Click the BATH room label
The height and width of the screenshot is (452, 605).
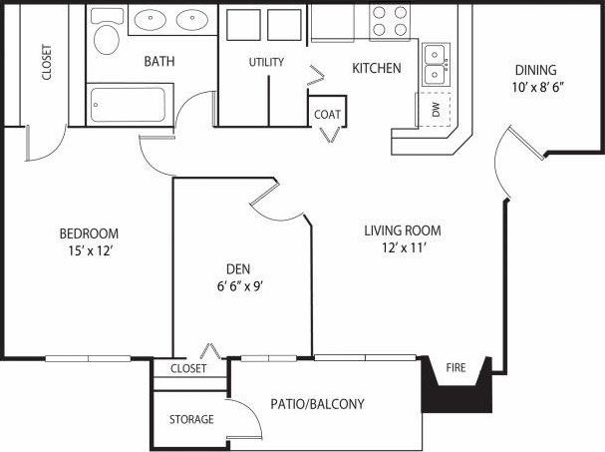tap(159, 62)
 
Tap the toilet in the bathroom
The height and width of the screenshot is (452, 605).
tap(106, 39)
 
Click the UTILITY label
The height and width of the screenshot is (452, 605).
tap(266, 62)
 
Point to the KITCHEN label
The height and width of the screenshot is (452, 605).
tap(377, 69)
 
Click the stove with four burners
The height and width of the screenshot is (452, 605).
tap(392, 23)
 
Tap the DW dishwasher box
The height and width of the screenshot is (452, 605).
tap(436, 109)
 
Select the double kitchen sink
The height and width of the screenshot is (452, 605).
tap(435, 65)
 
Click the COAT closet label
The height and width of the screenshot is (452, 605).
tap(328, 114)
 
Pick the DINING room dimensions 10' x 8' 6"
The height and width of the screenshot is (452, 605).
tap(536, 87)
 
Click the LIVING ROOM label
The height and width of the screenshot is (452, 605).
tap(402, 230)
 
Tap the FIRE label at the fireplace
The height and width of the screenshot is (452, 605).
tap(455, 368)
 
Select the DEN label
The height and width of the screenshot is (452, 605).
tap(236, 268)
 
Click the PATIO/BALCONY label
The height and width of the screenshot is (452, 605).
tap(317, 404)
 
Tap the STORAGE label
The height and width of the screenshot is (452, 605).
tap(190, 419)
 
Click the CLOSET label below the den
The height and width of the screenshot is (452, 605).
tap(188, 368)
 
